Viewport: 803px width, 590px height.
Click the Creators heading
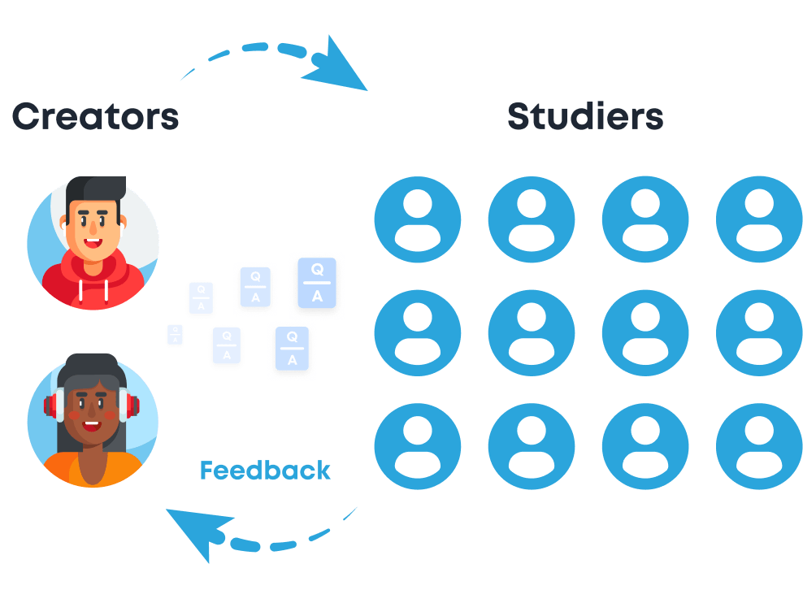pos(95,116)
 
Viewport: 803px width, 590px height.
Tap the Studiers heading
pos(585,116)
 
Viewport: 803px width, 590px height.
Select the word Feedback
pos(265,471)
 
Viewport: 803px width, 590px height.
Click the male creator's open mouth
pos(95,241)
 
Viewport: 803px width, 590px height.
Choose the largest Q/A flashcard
pos(317,283)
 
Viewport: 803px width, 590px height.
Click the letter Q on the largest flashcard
pos(317,269)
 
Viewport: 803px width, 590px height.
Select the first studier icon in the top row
pos(418,219)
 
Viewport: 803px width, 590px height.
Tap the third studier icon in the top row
pos(645,219)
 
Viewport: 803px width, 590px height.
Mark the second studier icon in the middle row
pos(532,332)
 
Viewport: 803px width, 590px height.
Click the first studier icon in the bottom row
pos(418,446)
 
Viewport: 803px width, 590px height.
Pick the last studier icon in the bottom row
pos(758,446)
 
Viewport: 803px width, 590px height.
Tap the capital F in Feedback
pos(207,471)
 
